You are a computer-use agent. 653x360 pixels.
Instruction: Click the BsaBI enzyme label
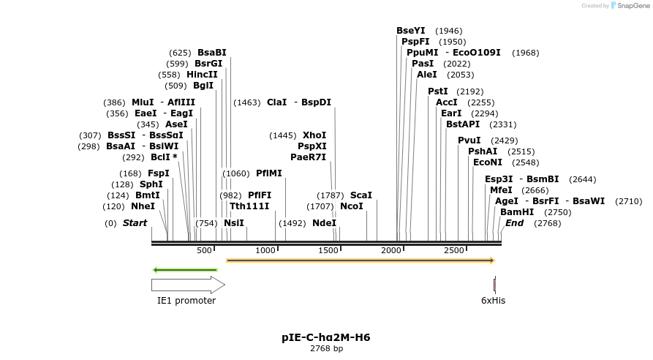click(212, 53)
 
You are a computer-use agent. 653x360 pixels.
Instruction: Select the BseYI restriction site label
click(410, 31)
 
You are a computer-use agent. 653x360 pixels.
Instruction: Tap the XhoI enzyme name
click(314, 135)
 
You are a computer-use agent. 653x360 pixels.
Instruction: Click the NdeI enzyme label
click(324, 223)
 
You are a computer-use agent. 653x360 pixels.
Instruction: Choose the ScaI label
click(361, 195)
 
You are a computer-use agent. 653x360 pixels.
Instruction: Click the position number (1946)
click(448, 31)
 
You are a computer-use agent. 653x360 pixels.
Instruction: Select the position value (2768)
click(547, 223)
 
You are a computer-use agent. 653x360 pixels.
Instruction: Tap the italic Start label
click(135, 223)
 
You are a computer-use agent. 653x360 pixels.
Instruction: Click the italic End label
click(514, 223)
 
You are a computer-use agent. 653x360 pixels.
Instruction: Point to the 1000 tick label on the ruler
click(266, 250)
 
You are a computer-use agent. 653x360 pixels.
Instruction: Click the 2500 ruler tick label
click(455, 250)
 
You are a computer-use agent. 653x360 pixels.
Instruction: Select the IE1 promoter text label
click(186, 300)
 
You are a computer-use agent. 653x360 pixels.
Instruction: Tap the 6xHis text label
click(493, 300)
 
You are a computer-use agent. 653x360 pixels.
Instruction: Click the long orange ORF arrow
click(361, 260)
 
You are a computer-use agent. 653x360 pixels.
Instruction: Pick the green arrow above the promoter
click(185, 270)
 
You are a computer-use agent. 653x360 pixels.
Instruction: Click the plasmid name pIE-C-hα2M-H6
click(326, 337)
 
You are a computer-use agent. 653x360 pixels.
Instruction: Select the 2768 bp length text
click(326, 348)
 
